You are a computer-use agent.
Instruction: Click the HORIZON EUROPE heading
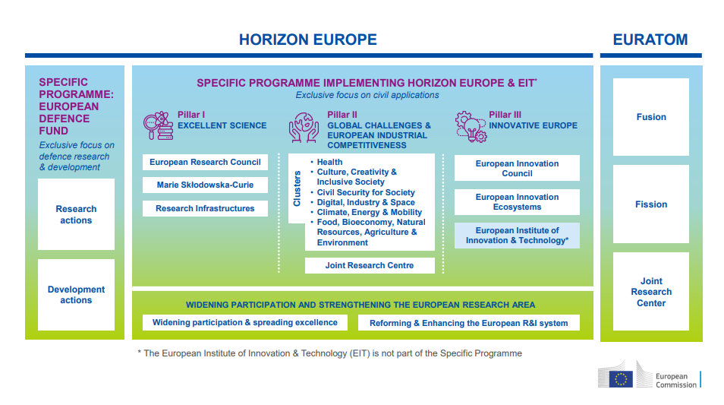tap(308, 40)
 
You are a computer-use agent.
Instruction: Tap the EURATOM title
tap(650, 40)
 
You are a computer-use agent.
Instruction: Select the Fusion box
tap(651, 117)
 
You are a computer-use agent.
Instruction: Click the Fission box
tap(651, 204)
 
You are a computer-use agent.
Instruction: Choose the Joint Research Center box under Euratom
tap(651, 292)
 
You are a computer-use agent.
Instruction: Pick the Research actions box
tap(76, 214)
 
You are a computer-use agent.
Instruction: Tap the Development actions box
tap(76, 295)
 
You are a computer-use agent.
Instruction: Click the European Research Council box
tap(205, 163)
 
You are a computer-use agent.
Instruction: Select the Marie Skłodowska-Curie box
tap(205, 185)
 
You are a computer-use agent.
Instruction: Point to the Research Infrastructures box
tap(205, 208)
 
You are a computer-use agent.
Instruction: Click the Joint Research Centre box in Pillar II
tap(370, 265)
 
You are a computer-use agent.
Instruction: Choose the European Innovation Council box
tap(517, 168)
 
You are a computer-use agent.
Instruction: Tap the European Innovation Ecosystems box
tap(517, 202)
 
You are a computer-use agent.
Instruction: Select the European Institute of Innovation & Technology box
tap(517, 236)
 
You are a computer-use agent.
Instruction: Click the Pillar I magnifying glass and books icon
tap(159, 125)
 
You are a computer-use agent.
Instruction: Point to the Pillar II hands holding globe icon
tap(304, 127)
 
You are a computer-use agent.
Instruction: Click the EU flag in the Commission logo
tap(621, 379)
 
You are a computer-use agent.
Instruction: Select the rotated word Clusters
tap(297, 188)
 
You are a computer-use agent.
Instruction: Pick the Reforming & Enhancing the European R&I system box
tap(469, 323)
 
